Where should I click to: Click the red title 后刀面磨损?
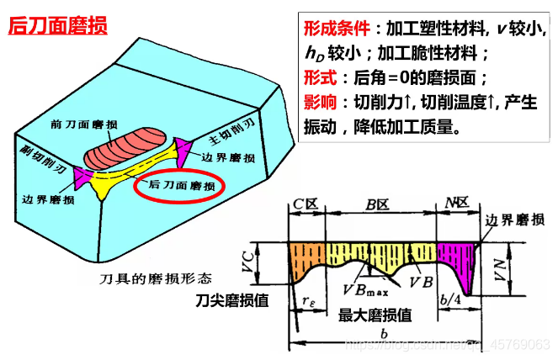pyautogui.click(x=57, y=26)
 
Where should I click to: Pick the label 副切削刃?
pyautogui.click(x=43, y=155)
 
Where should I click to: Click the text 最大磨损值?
pyautogui.click(x=375, y=315)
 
